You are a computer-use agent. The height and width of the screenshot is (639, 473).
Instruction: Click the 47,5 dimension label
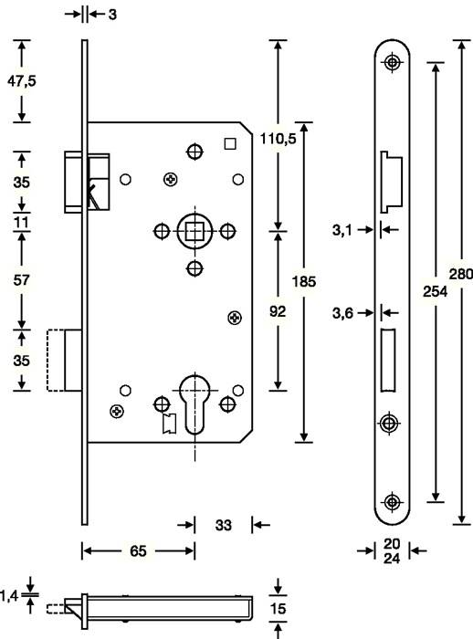click(x=21, y=81)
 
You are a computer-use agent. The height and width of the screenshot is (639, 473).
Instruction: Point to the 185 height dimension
click(x=306, y=282)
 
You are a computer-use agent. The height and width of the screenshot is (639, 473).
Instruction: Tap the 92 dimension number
click(x=278, y=311)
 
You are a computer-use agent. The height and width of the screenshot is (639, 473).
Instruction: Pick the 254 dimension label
click(x=437, y=291)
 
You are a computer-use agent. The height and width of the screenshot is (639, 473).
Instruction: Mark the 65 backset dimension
click(x=139, y=550)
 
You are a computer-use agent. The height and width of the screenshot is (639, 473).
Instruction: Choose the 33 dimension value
click(x=222, y=525)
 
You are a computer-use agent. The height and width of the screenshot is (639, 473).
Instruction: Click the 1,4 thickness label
click(x=10, y=595)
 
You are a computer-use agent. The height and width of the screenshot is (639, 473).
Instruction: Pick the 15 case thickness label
click(x=279, y=608)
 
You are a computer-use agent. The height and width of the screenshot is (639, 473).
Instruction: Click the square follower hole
click(x=193, y=231)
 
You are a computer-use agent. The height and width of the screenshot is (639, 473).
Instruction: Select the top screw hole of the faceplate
click(x=393, y=62)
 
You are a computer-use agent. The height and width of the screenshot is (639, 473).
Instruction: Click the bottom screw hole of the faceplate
click(x=393, y=501)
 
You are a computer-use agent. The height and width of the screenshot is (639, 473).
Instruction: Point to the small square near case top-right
click(x=230, y=141)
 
